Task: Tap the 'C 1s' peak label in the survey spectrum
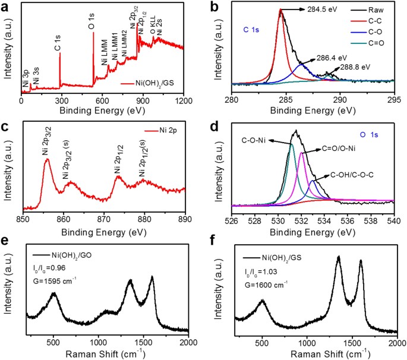58,52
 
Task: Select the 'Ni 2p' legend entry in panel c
169,125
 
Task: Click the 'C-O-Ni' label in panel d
255,141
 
